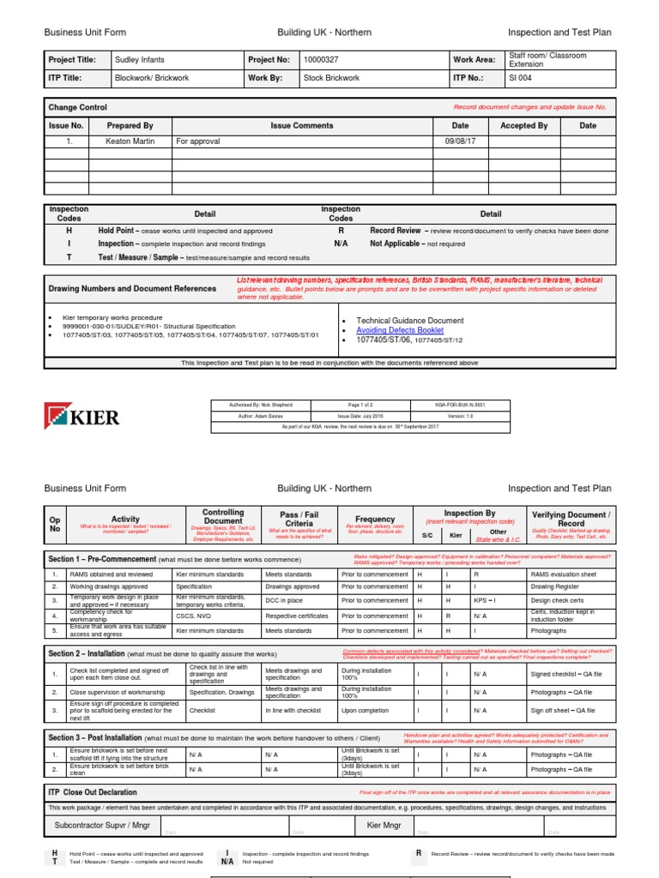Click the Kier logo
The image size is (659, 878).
[82, 418]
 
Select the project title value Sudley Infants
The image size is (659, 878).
[141, 60]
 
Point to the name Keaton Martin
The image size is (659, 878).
[130, 141]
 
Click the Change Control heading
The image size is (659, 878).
[78, 108]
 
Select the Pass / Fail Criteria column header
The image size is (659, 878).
[299, 519]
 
